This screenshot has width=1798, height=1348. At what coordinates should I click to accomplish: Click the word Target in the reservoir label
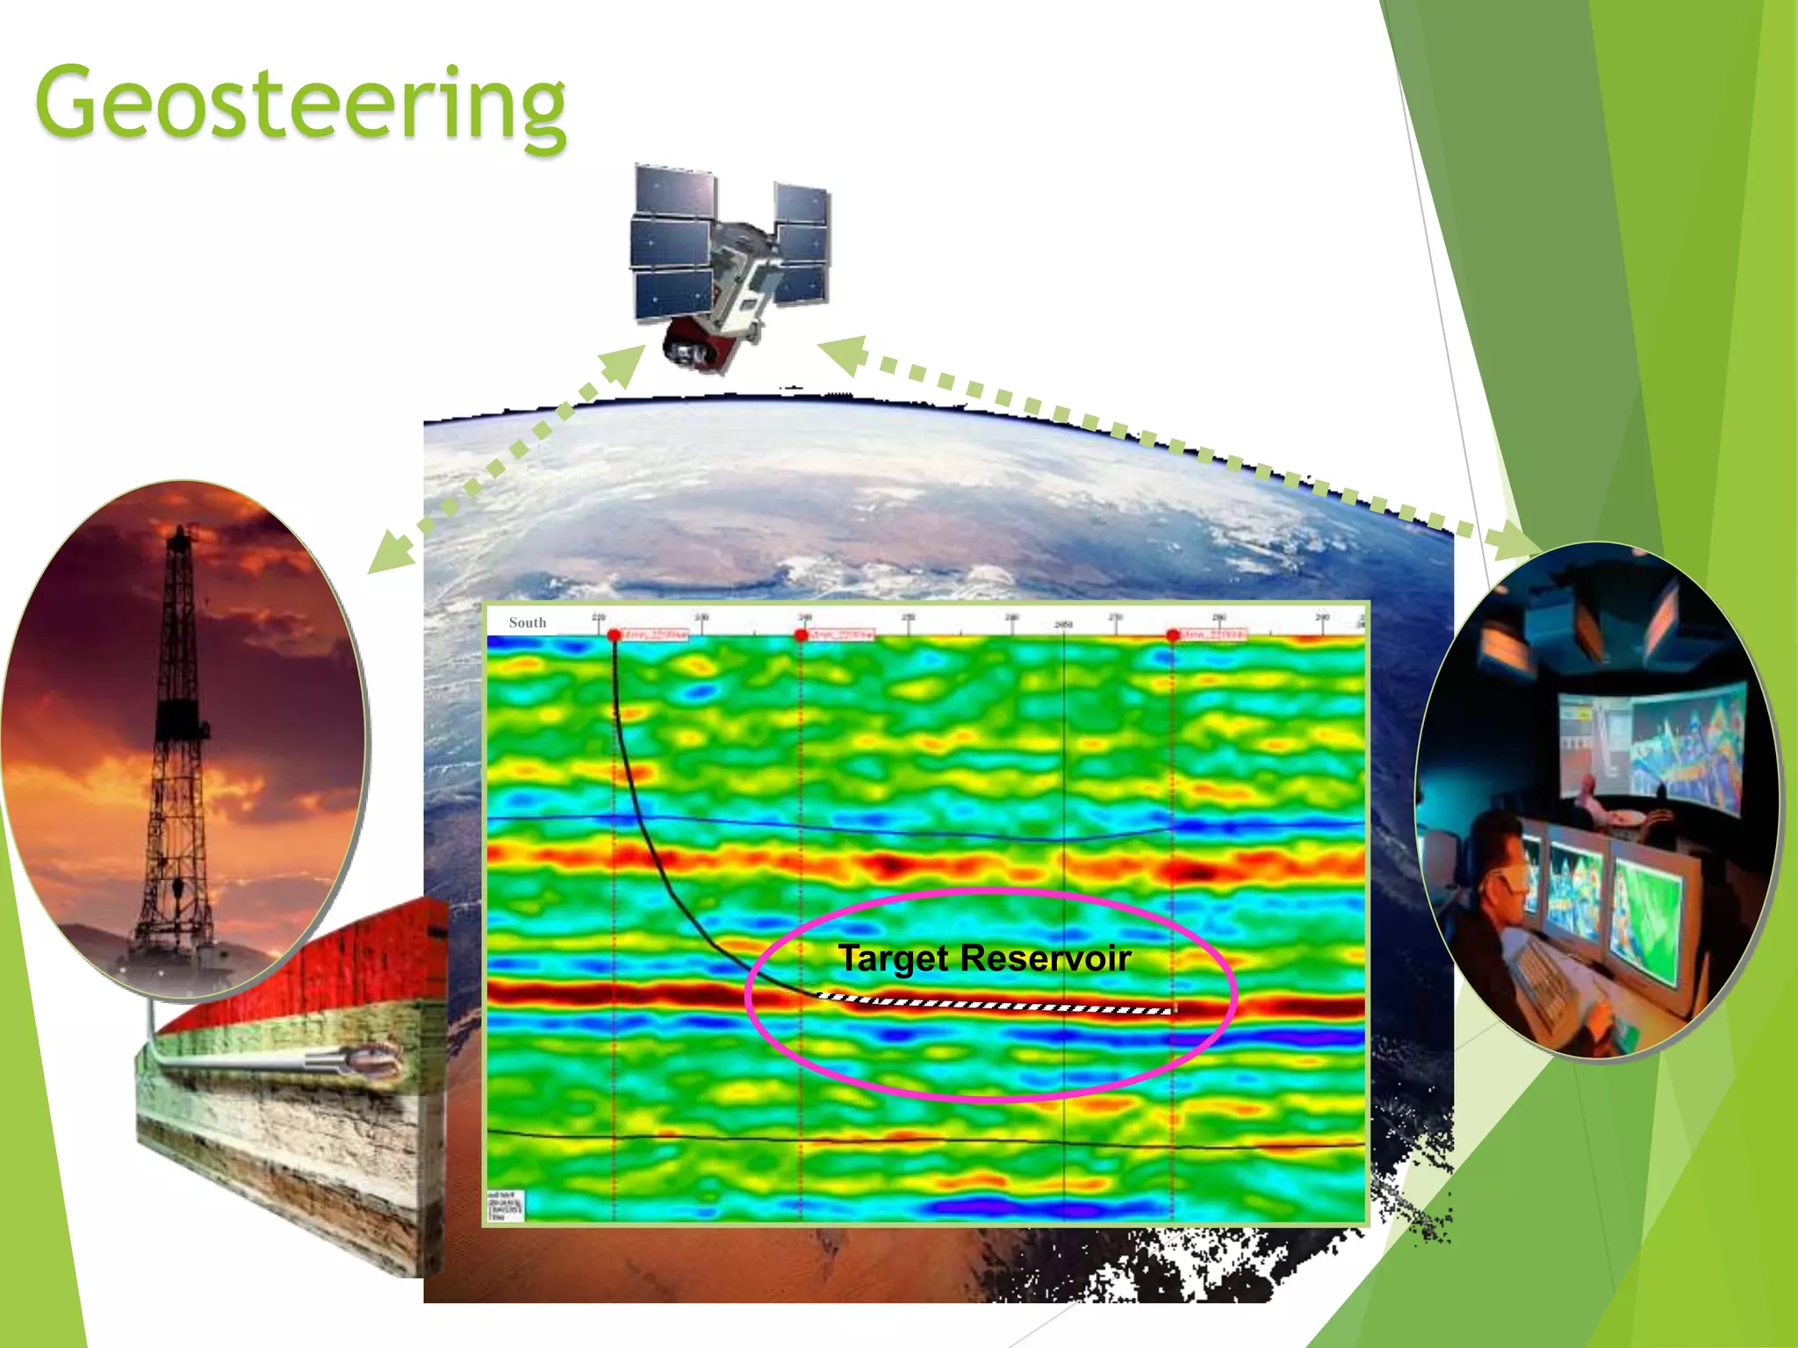pyautogui.click(x=893, y=958)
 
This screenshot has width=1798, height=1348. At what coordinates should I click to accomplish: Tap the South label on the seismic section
pyautogui.click(x=527, y=622)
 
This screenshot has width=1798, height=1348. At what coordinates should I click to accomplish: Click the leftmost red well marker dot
pyautogui.click(x=614, y=635)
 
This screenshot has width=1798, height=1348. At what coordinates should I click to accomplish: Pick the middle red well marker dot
pyautogui.click(x=801, y=635)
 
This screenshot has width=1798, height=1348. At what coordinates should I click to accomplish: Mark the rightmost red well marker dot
pyautogui.click(x=1173, y=635)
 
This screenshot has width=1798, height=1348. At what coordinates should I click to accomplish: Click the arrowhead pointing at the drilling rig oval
pyautogui.click(x=386, y=557)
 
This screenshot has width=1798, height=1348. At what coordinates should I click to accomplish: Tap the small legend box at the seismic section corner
pyautogui.click(x=506, y=1205)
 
